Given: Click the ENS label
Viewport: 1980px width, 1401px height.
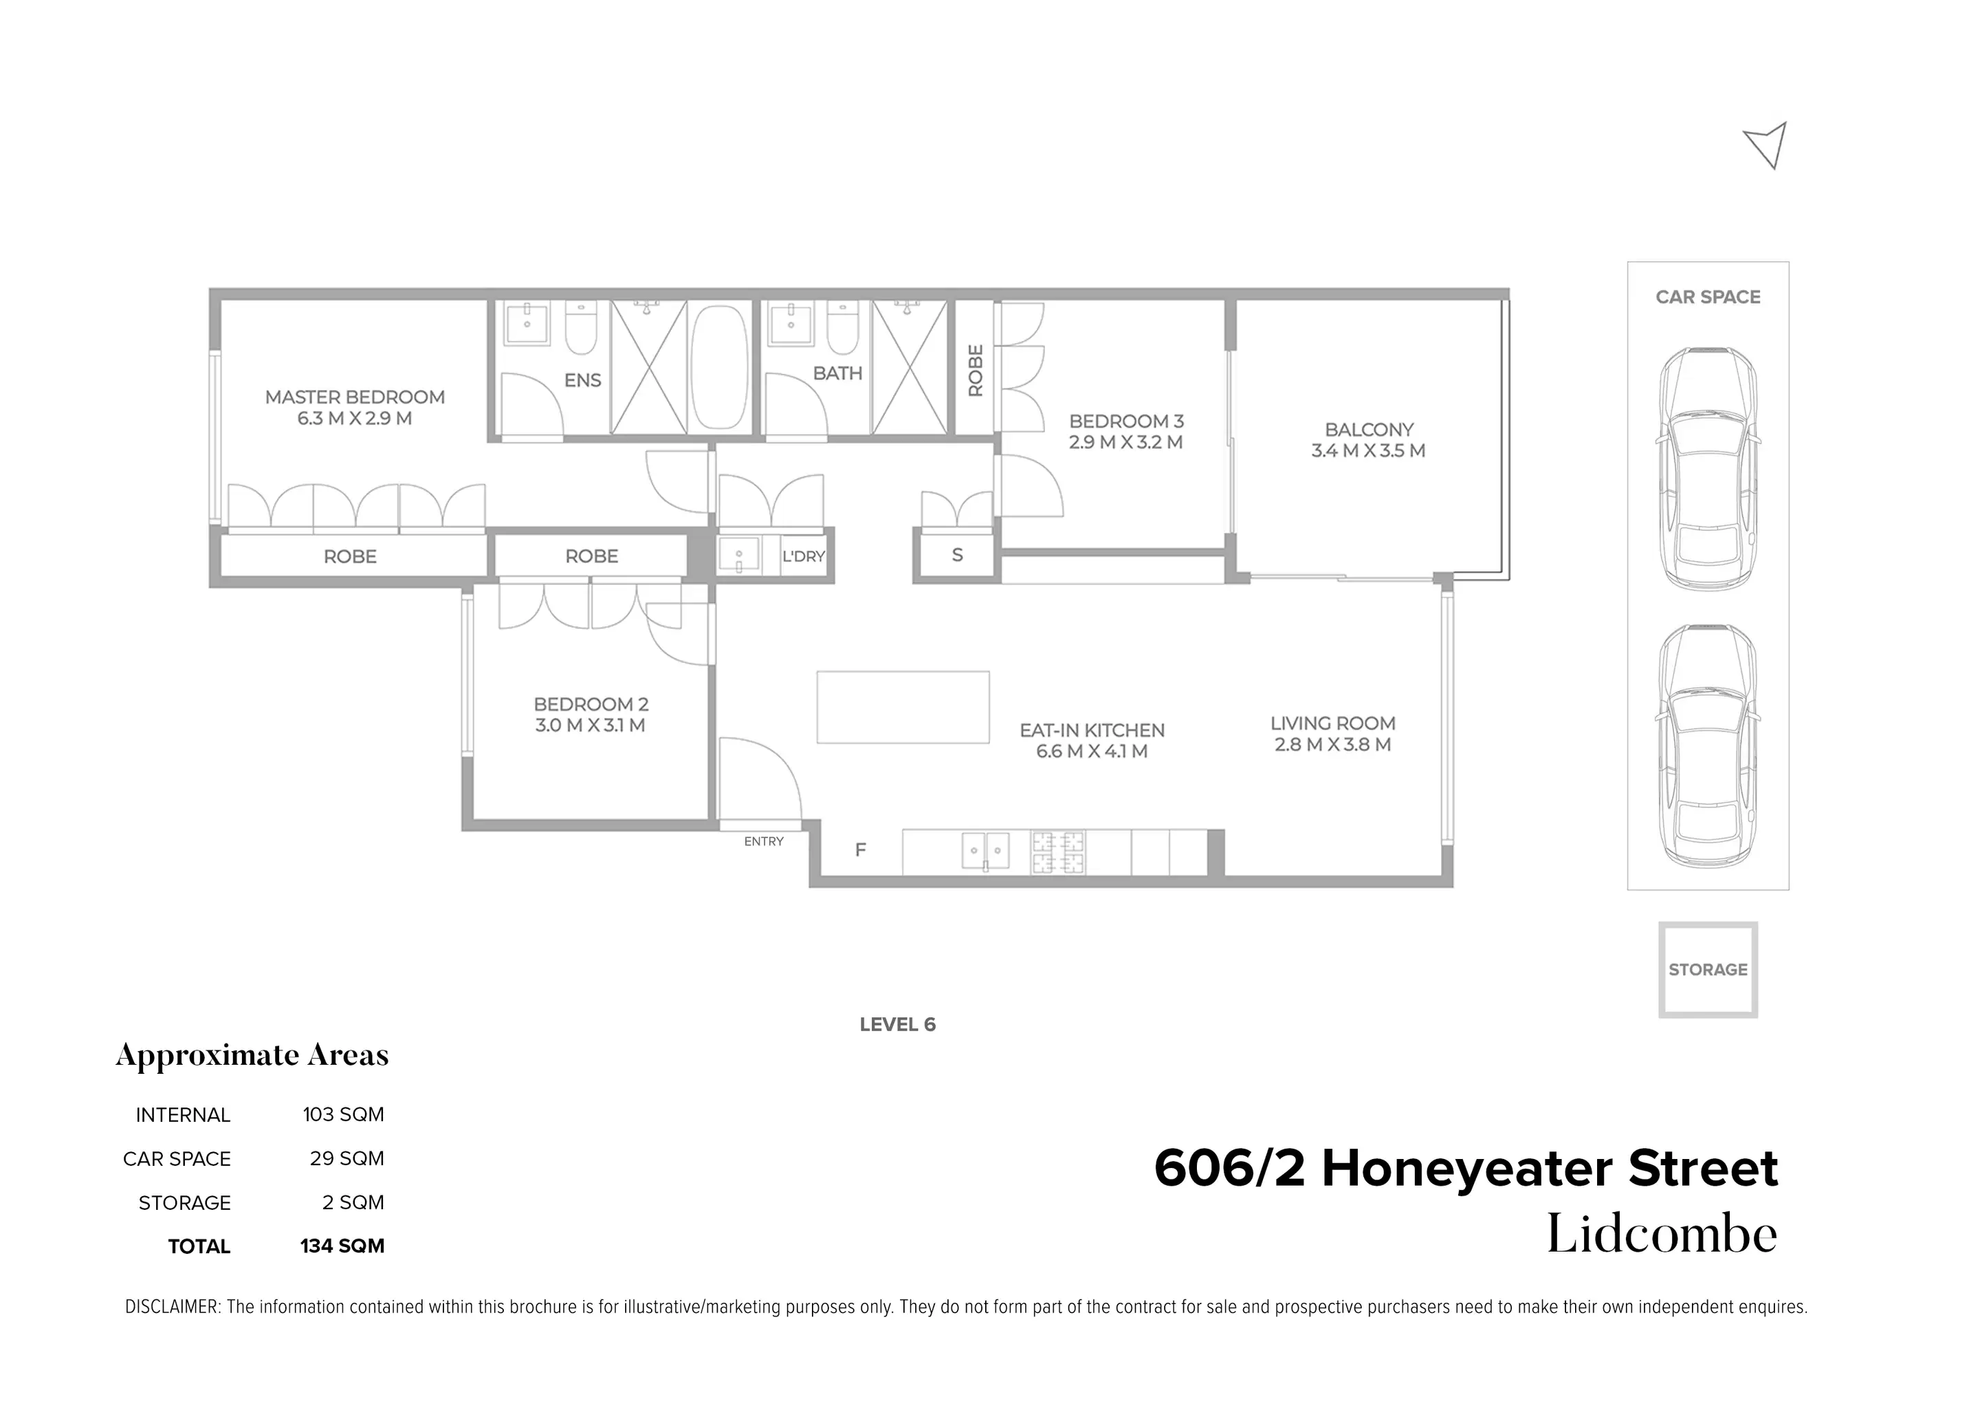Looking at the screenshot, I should pos(582,380).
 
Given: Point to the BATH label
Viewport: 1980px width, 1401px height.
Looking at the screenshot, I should pos(837,373).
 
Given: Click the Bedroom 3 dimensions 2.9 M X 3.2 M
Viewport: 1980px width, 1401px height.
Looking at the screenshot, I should pos(1125,443).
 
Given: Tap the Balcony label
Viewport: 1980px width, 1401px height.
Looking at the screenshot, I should pos(1368,430).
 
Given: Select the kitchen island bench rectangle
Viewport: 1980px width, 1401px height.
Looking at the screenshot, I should pos(903,707).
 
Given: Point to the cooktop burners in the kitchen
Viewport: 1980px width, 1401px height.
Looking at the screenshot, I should pos(1059,852).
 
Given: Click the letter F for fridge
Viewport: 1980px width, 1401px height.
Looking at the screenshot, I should pos(860,850).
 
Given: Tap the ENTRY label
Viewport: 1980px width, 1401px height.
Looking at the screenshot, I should pos(764,841).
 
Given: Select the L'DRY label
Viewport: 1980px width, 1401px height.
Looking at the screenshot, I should pos(803,556).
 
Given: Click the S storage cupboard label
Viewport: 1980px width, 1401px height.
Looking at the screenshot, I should pos(957,555).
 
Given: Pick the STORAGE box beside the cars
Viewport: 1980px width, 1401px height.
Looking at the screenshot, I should pos(1707,970).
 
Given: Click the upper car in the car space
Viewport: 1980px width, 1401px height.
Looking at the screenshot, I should pos(1707,470).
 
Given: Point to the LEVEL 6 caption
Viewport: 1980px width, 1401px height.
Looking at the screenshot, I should pos(897,1025).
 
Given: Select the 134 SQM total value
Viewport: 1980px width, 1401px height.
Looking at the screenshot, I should pos(342,1246).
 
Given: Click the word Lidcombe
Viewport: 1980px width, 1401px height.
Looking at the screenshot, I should pos(1661,1235).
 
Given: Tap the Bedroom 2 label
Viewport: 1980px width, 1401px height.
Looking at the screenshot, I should pos(591,705).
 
